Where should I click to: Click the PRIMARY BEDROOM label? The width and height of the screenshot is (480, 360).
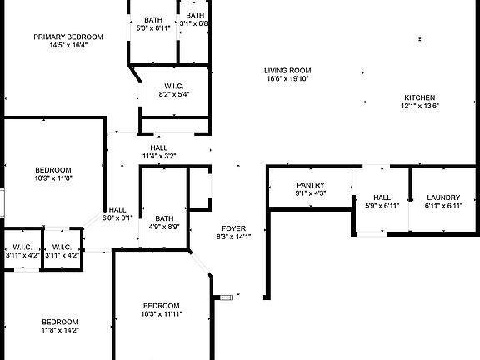click(x=68, y=37)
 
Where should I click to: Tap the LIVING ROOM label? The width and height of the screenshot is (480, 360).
click(x=287, y=71)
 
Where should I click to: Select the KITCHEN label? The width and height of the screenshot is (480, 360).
click(x=420, y=97)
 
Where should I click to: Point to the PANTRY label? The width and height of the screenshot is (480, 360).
click(x=311, y=185)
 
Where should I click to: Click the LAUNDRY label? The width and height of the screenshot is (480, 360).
click(x=443, y=197)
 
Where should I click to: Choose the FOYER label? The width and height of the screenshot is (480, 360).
click(x=234, y=228)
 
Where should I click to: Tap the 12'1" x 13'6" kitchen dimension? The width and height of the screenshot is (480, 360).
click(x=420, y=106)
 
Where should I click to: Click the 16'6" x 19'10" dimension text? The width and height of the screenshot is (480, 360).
click(x=287, y=78)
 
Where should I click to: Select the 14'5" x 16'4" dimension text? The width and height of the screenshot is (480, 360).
click(x=68, y=45)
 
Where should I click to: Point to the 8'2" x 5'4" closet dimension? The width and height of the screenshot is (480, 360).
click(x=174, y=94)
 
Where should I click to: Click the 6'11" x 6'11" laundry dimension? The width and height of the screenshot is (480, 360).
click(x=443, y=206)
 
